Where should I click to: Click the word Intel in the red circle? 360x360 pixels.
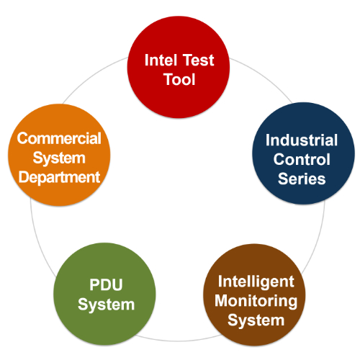click(x=161, y=60)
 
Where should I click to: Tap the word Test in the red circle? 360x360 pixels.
click(x=198, y=60)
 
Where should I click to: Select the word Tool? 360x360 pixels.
click(x=179, y=79)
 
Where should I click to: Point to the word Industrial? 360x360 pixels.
click(x=302, y=140)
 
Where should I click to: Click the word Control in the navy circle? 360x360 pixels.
click(x=302, y=160)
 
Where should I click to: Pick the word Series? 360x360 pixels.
click(x=302, y=179)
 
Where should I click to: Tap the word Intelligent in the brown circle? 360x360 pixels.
click(x=256, y=282)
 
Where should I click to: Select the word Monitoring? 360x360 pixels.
click(x=256, y=302)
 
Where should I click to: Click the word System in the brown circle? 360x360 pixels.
click(x=256, y=321)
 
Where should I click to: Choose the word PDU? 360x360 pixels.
click(x=106, y=285)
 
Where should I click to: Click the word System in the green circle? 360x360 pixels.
click(x=106, y=305)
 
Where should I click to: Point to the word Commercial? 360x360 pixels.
click(x=59, y=138)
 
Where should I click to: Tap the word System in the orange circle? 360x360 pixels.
click(x=59, y=159)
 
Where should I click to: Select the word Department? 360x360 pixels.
click(x=59, y=178)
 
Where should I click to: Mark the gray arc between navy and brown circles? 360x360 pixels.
click(x=318, y=239)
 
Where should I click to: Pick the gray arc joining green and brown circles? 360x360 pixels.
click(x=178, y=341)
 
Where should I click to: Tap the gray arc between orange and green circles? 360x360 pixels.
click(x=38, y=240)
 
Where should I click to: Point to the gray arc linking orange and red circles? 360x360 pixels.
click(x=92, y=77)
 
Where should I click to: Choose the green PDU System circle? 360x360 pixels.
click(x=104, y=294)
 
